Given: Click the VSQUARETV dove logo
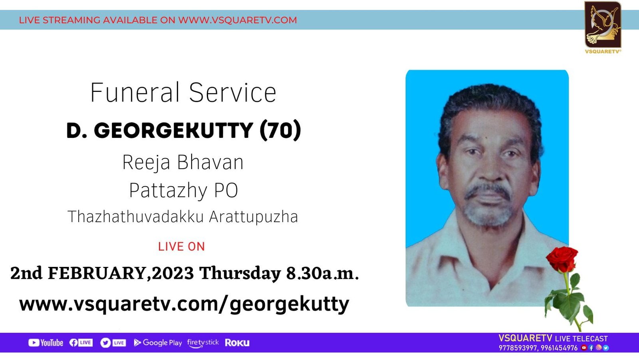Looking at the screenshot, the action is pyautogui.click(x=603, y=25).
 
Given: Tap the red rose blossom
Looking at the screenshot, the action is pyautogui.click(x=562, y=259).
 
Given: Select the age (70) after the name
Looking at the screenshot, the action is pyautogui.click(x=280, y=130).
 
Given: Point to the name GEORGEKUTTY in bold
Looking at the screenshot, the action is pyautogui.click(x=173, y=130).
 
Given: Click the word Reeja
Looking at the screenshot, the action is pyautogui.click(x=146, y=163).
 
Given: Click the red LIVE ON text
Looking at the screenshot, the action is pyautogui.click(x=181, y=247).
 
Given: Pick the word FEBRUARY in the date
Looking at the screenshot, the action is pyautogui.click(x=97, y=273).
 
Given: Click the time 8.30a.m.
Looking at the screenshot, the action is pyautogui.click(x=322, y=273).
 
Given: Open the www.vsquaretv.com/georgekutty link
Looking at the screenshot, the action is pyautogui.click(x=184, y=304).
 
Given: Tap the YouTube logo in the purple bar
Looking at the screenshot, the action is pyautogui.click(x=46, y=342).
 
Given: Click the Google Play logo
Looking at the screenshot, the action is pyautogui.click(x=158, y=342).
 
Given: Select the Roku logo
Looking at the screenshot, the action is pyautogui.click(x=237, y=342).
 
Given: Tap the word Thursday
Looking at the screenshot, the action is pyautogui.click(x=240, y=274).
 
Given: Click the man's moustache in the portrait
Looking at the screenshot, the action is pyautogui.click(x=488, y=191).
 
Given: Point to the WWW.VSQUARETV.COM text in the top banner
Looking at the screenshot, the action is pyautogui.click(x=238, y=20).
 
